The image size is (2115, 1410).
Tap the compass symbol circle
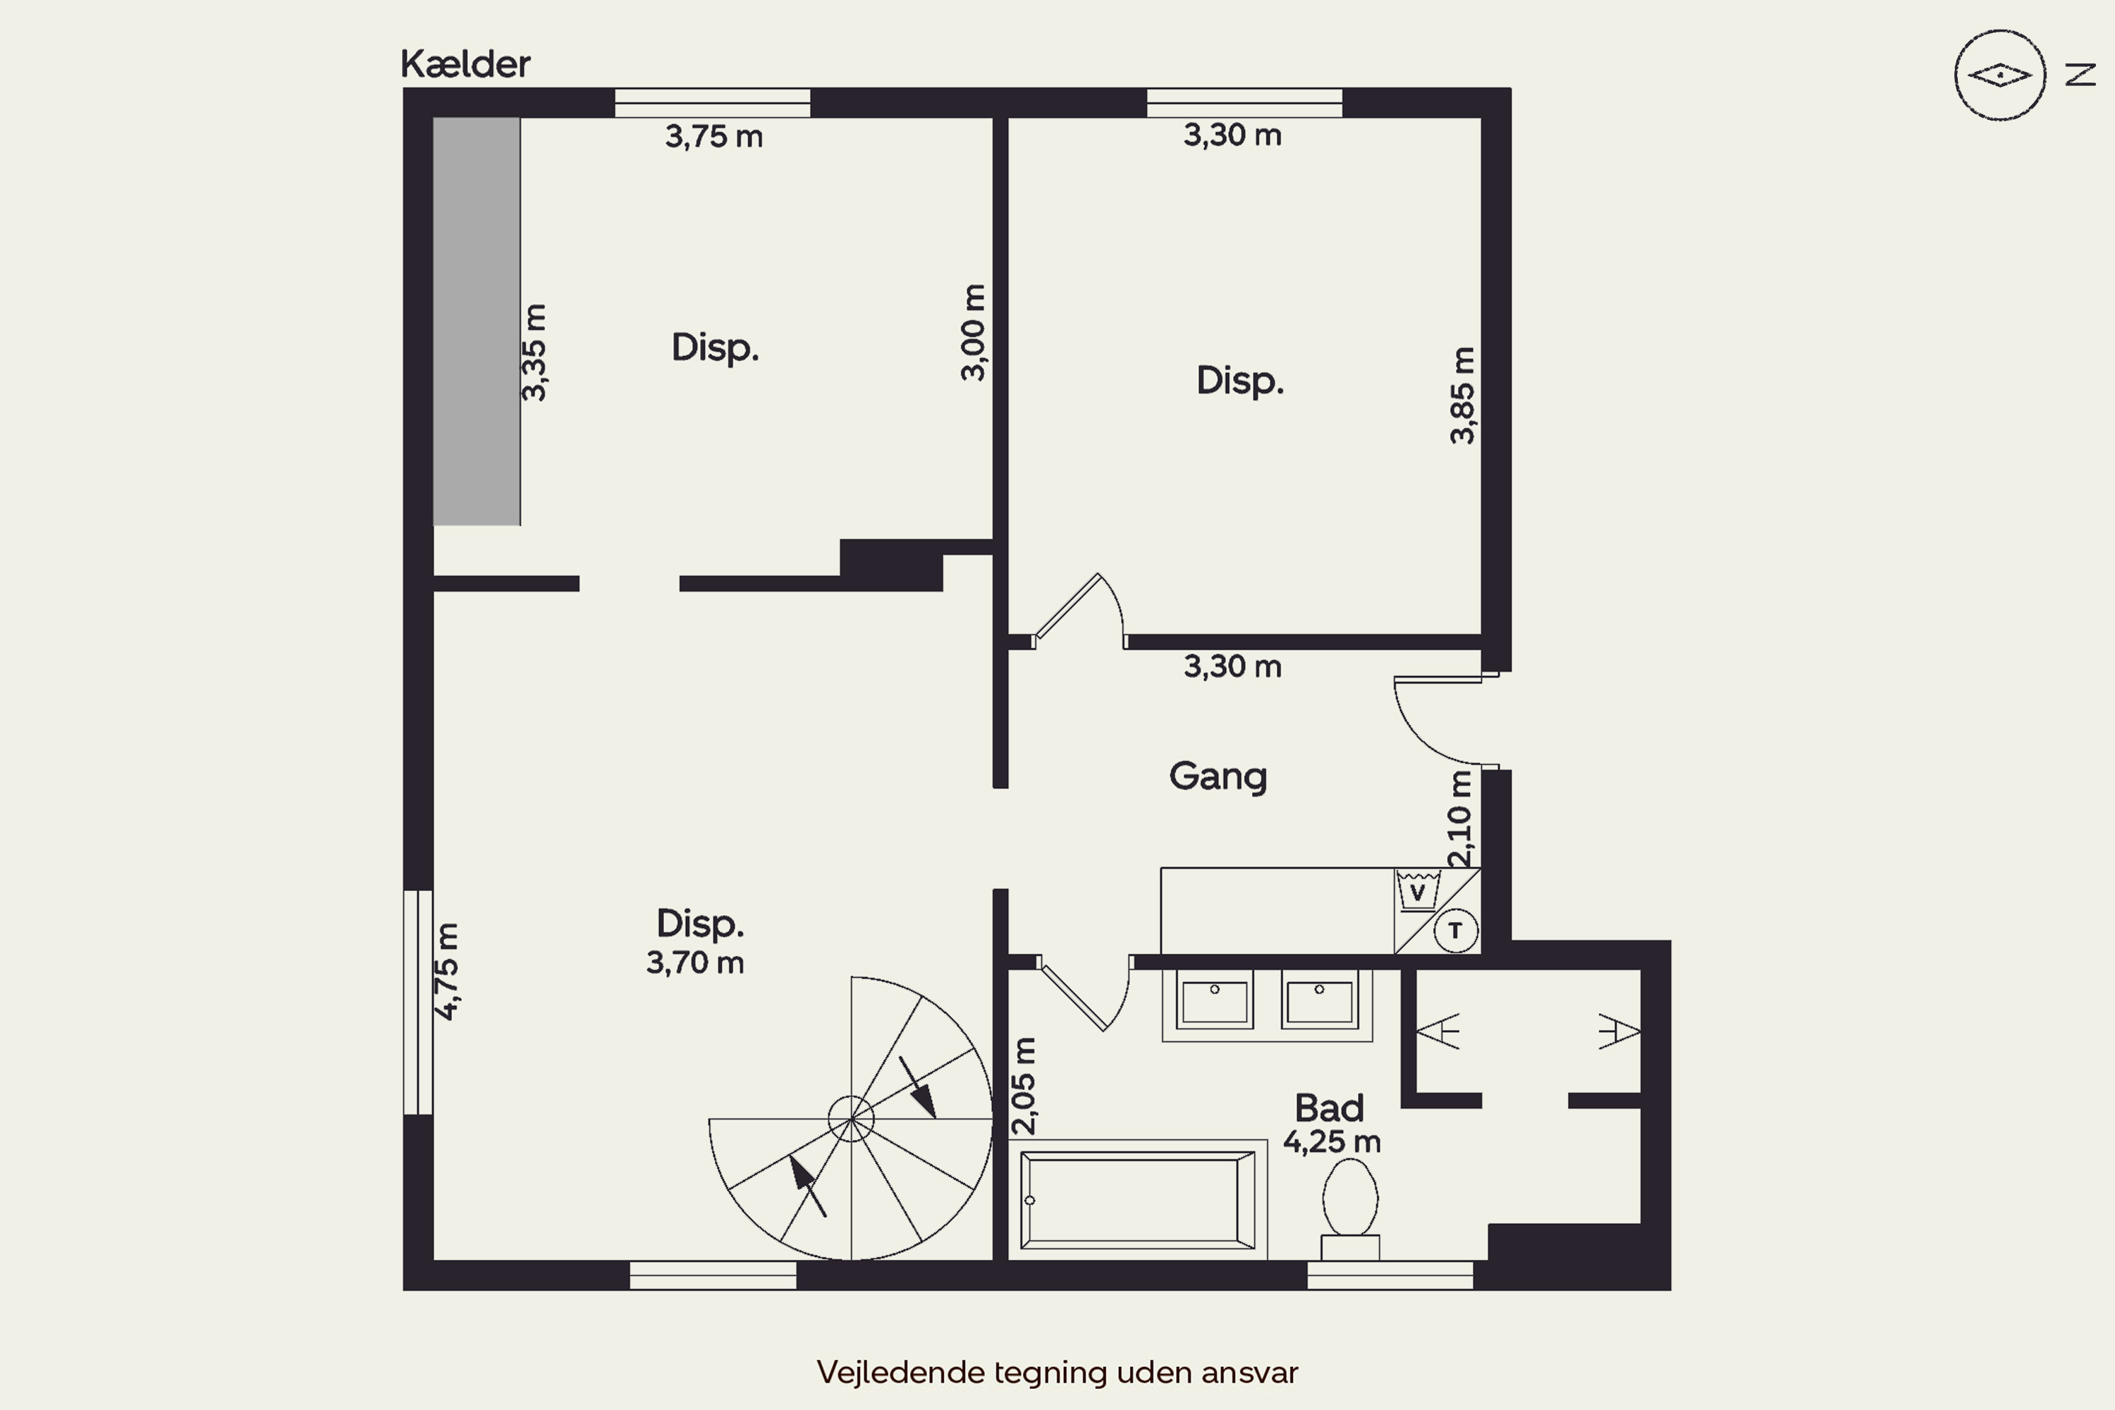pyautogui.click(x=2000, y=75)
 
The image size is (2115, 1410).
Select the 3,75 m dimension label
pyautogui.click(x=714, y=137)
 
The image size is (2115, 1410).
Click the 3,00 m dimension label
pyautogui.click(x=973, y=333)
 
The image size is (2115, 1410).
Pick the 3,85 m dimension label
pyautogui.click(x=1462, y=395)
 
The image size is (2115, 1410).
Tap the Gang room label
pyautogui.click(x=1218, y=776)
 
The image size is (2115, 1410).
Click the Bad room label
pyautogui.click(x=1329, y=1107)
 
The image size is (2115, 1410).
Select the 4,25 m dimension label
pyautogui.click(x=1332, y=1142)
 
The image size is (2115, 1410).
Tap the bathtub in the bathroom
pyautogui.click(x=1138, y=1201)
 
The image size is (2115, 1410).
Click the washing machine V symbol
pyautogui.click(x=1418, y=891)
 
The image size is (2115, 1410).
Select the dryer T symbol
pyautogui.click(x=1456, y=931)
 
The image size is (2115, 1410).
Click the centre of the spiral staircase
pyautogui.click(x=851, y=1120)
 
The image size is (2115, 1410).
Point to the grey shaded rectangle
pyautogui.click(x=477, y=321)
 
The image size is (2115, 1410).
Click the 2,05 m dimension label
pyautogui.click(x=1024, y=1086)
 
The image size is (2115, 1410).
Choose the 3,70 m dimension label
pyautogui.click(x=695, y=963)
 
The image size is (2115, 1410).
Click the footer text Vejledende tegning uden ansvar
pyautogui.click(x=1057, y=1372)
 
